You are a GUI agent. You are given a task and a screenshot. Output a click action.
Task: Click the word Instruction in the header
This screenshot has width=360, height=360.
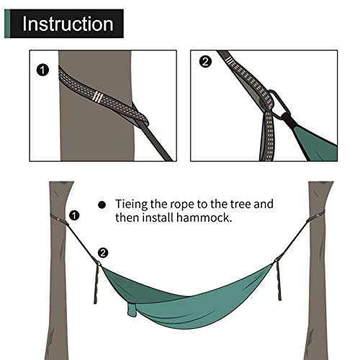pyautogui.click(x=68, y=23)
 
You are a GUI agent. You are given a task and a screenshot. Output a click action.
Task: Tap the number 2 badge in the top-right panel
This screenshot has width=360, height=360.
pyautogui.click(x=206, y=62)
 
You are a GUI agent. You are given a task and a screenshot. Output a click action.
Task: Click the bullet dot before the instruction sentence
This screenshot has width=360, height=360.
pyautogui.click(x=102, y=204)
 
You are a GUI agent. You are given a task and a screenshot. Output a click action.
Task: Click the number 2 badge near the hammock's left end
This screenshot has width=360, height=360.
pyautogui.click(x=103, y=252)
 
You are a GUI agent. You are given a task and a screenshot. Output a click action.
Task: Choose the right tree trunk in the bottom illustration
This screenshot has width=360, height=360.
pyautogui.click(x=319, y=288)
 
